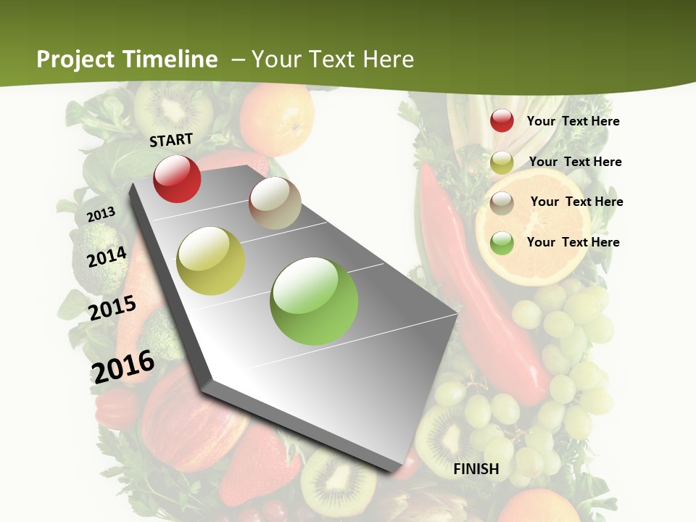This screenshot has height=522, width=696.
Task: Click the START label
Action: coord(171,140)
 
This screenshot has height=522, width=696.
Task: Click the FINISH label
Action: coord(476,469)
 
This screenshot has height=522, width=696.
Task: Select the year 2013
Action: coord(101,214)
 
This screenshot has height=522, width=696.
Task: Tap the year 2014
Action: coord(107,257)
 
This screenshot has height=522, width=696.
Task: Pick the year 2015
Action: coord(112,308)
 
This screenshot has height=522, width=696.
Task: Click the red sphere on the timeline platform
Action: coord(177,178)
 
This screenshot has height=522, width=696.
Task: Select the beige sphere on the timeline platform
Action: coord(275,203)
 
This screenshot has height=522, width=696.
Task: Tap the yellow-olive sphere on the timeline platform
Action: coord(211,261)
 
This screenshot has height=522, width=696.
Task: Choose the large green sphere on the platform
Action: coord(314,301)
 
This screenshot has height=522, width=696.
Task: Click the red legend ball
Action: coord(502,121)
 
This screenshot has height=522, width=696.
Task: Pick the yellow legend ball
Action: coord(502,162)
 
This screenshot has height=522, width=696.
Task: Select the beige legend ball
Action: coord(502,203)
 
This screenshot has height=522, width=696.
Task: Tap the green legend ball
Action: coord(502,243)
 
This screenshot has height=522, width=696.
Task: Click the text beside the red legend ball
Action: coord(573,121)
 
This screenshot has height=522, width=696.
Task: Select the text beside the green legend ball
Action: coord(573,242)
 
